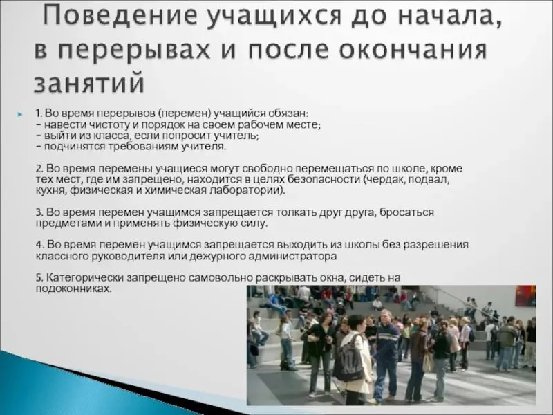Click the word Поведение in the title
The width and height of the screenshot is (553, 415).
(x=120, y=15)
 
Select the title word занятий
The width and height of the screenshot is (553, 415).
(x=89, y=82)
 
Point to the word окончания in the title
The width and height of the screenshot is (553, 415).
(x=413, y=50)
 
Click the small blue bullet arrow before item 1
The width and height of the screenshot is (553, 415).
(x=20, y=114)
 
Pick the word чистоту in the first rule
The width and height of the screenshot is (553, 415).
(x=109, y=124)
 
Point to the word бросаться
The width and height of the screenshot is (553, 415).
(x=407, y=212)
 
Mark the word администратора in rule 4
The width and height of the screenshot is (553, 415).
(x=292, y=256)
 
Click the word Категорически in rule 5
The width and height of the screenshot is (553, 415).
(x=85, y=278)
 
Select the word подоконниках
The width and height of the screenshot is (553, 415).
(x=74, y=288)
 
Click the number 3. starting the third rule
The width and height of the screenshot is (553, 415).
(x=39, y=212)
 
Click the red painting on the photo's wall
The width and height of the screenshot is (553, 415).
(x=525, y=296)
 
